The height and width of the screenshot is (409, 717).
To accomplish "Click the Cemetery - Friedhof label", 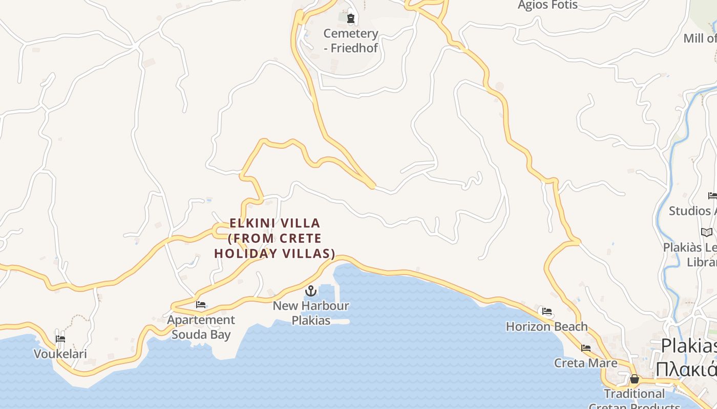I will (351, 41).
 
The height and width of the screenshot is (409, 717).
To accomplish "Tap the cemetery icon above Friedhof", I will (350, 19).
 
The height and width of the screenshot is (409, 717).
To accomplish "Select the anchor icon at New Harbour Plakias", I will (310, 291).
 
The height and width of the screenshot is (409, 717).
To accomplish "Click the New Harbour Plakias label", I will (310, 313).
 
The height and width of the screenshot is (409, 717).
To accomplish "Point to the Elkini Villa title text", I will (275, 238).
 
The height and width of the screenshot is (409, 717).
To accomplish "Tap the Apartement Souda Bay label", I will (201, 327).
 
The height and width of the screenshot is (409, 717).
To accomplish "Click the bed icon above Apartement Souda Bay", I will (201, 305).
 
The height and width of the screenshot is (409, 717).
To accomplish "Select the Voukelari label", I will (60, 354).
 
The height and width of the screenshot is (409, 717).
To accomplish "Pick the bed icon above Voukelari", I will (60, 338).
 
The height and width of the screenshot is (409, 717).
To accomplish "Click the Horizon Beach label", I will (546, 326).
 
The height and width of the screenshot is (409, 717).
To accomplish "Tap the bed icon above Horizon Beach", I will (547, 311).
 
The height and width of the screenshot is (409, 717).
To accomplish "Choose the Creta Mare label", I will (585, 363).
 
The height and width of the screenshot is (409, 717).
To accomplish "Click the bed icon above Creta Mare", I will (586, 348).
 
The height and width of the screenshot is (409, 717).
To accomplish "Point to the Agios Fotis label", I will (547, 6).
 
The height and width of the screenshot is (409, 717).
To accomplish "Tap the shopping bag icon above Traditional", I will (634, 379).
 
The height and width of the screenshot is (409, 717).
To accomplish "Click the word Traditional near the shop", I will (634, 394).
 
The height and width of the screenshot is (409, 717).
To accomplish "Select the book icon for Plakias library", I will (707, 232).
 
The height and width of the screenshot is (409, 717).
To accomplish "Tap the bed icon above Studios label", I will (712, 195).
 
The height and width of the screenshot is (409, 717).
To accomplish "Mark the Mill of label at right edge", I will (700, 38).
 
